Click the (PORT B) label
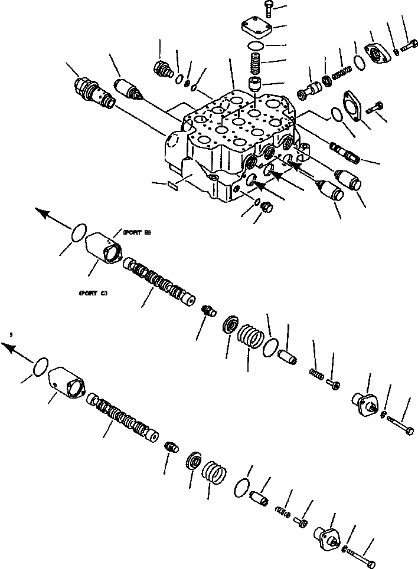(136, 232)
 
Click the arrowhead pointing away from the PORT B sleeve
(43, 213)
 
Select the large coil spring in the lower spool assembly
(214, 473)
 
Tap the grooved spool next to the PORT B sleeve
(158, 281)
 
